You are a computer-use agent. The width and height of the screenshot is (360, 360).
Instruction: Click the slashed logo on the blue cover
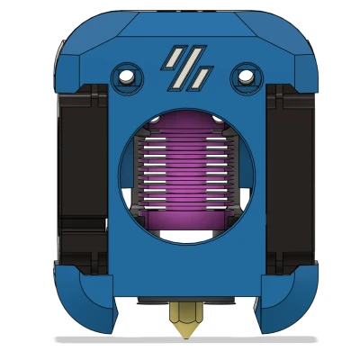tap(185, 68)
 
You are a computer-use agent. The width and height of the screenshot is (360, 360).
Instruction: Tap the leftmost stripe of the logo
tap(170, 60)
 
